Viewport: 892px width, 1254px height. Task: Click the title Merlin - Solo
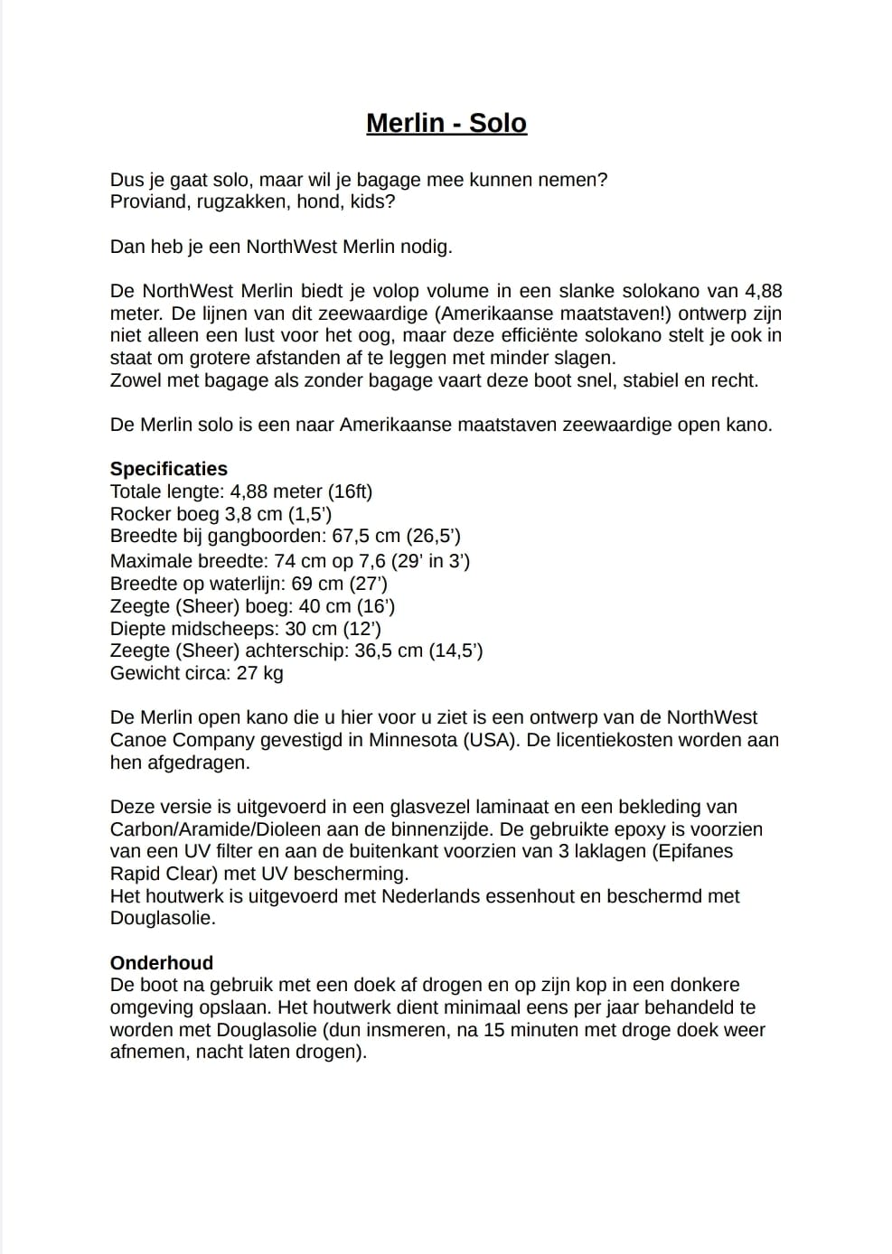click(446, 123)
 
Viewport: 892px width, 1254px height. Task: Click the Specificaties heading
click(169, 469)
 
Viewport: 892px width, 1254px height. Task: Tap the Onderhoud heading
click(162, 963)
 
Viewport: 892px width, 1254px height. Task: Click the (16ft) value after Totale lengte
click(351, 491)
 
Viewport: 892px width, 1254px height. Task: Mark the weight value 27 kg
click(259, 673)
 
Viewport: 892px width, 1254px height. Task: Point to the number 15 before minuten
click(493, 1030)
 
